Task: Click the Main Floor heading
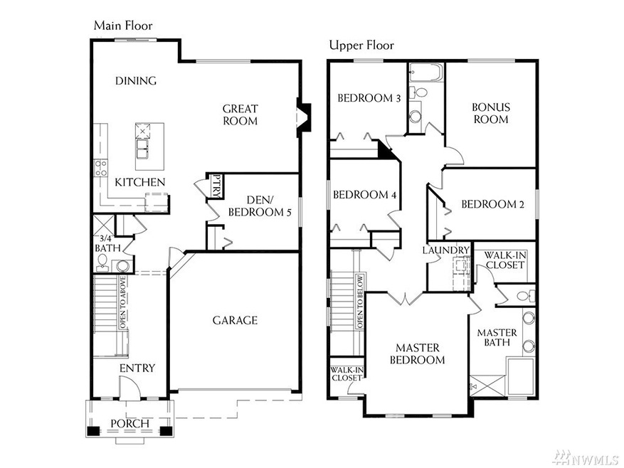[x=123, y=26]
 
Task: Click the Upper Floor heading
[x=361, y=46]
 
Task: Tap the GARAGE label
[x=235, y=320]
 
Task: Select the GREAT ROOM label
[x=240, y=115]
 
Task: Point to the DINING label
[x=136, y=80]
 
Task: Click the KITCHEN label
[x=140, y=182]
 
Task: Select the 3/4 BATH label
[x=107, y=243]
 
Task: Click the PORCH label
[x=129, y=424]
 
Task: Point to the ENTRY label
[x=137, y=368]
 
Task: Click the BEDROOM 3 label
[x=369, y=98]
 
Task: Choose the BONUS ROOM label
[x=491, y=113]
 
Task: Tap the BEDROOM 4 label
[x=364, y=195]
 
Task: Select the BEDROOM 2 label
[x=492, y=204]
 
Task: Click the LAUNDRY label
[x=446, y=250]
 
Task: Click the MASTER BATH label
[x=497, y=337]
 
